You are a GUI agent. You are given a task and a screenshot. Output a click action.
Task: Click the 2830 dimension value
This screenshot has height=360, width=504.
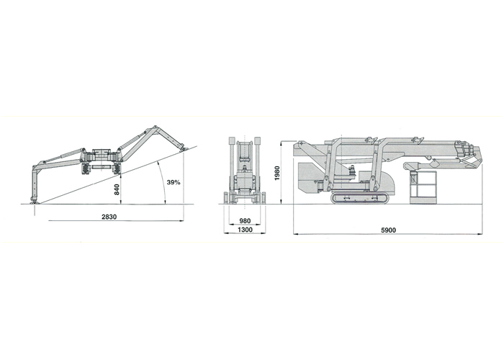109,217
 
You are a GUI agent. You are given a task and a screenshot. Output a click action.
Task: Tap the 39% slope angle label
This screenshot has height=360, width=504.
174,182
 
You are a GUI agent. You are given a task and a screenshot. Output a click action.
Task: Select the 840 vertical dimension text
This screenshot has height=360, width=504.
117,189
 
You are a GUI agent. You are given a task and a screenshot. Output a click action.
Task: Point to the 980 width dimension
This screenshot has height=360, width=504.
245,221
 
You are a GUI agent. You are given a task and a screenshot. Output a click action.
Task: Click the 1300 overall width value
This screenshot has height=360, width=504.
245,230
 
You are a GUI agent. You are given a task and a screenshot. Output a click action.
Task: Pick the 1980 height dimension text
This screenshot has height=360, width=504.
277,174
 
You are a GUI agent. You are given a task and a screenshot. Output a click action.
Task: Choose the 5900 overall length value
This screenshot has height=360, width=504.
388,230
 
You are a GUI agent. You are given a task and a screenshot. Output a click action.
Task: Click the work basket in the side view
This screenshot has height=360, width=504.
423,187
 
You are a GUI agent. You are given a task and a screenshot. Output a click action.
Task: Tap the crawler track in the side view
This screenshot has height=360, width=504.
360,198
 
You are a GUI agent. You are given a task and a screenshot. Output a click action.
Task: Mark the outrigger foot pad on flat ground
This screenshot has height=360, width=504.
33,202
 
